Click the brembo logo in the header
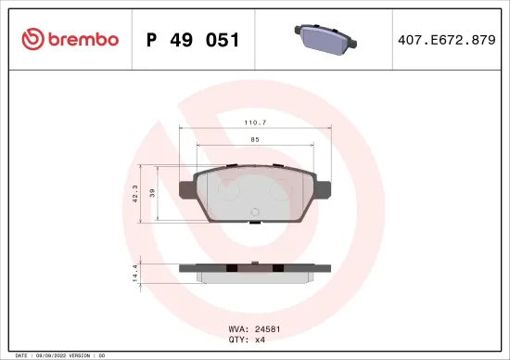tap(70, 39)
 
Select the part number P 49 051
tap(194, 40)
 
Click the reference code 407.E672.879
tap(447, 40)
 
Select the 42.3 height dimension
tap(135, 194)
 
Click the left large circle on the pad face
tap(229, 190)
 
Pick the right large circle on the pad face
tap(279, 190)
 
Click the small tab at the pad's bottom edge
tap(255, 222)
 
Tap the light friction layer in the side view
tap(255, 276)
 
